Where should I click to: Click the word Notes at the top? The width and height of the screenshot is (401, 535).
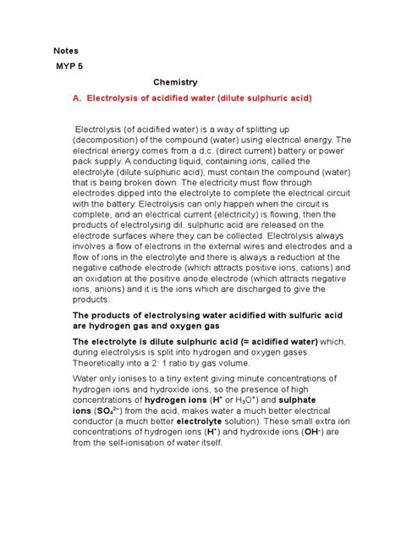tap(66, 51)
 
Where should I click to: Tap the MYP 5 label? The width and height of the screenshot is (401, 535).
tap(72, 67)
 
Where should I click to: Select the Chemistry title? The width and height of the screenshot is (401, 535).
tap(175, 83)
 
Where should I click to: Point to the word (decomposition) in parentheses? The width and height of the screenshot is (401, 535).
tap(111, 140)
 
